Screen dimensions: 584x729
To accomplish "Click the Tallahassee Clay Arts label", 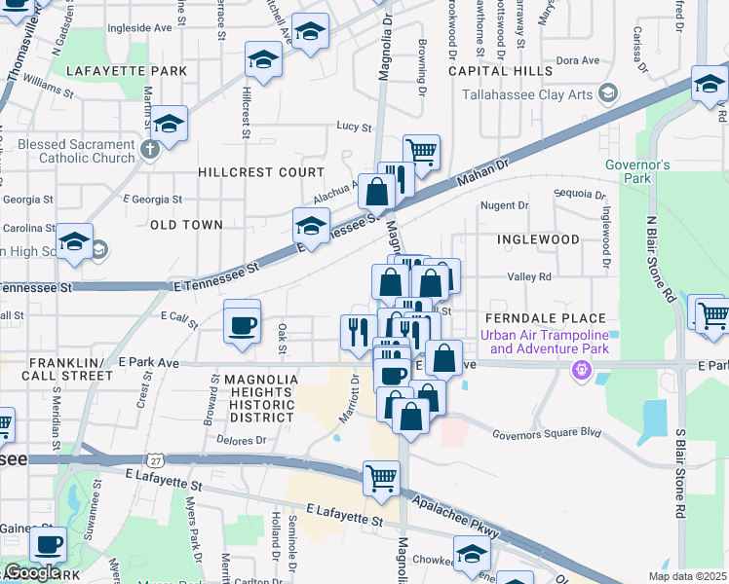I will [x=529, y=94].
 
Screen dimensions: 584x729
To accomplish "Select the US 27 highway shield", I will [x=156, y=459].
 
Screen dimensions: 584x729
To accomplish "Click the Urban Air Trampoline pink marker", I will [x=582, y=370].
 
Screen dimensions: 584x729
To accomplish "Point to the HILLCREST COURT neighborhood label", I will [x=247, y=171].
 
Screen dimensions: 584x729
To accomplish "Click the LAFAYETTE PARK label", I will [x=127, y=71].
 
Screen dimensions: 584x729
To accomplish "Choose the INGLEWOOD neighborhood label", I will [x=538, y=238].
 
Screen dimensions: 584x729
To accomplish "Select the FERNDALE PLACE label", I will [x=550, y=318].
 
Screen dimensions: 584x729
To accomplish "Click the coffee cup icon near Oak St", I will [x=242, y=324].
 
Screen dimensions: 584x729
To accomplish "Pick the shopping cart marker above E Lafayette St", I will [x=381, y=478].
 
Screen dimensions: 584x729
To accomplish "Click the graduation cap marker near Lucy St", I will [x=169, y=124].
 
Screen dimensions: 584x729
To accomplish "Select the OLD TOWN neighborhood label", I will [x=186, y=225].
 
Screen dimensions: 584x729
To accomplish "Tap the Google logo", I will [x=31, y=572].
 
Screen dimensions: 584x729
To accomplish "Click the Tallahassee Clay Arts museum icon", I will [x=609, y=93].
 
